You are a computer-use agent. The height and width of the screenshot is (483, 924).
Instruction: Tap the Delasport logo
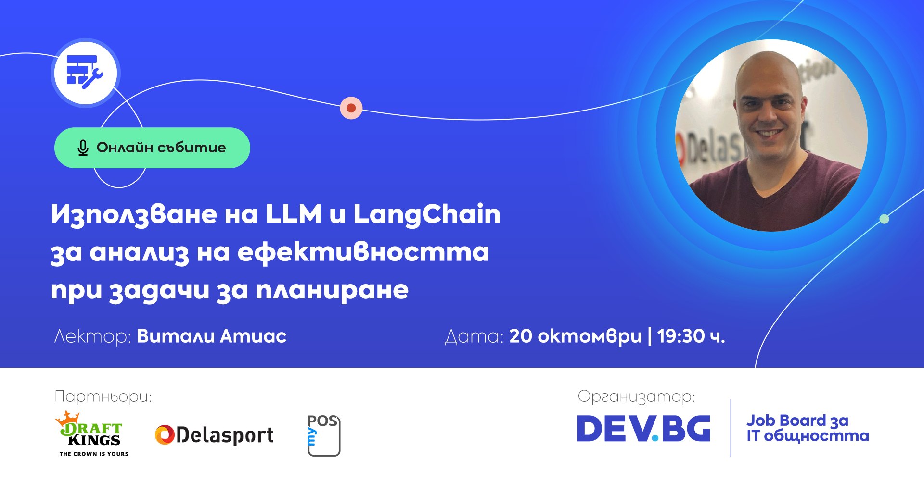[x=214, y=435]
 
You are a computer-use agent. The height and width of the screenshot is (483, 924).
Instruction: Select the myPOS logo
[x=323, y=435]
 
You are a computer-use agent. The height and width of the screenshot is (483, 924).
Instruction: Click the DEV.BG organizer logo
[x=643, y=428]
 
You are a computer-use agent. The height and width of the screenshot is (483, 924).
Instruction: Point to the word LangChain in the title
[x=427, y=215]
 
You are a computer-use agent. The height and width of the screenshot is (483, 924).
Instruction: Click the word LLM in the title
[x=294, y=214]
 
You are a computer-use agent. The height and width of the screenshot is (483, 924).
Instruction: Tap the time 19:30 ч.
[x=691, y=336]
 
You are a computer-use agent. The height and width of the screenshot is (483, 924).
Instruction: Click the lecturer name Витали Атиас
[x=212, y=336]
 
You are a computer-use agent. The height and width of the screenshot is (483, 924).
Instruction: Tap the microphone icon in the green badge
[x=83, y=148]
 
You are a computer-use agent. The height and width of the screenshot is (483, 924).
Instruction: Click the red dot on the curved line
[x=351, y=108]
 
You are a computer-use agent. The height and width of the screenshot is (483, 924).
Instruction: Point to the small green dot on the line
[x=884, y=219]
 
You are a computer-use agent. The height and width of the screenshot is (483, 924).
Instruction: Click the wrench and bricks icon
[x=85, y=73]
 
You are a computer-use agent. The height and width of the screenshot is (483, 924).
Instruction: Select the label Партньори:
[x=103, y=397]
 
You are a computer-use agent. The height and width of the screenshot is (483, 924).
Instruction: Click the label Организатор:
[x=636, y=397]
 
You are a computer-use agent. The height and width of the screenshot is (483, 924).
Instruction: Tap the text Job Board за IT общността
[x=808, y=428]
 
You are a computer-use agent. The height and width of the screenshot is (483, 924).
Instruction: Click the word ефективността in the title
[x=363, y=253]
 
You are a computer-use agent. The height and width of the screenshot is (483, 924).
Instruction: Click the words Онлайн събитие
[x=161, y=148]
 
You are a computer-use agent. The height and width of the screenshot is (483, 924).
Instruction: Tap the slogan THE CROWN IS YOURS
[x=94, y=454]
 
